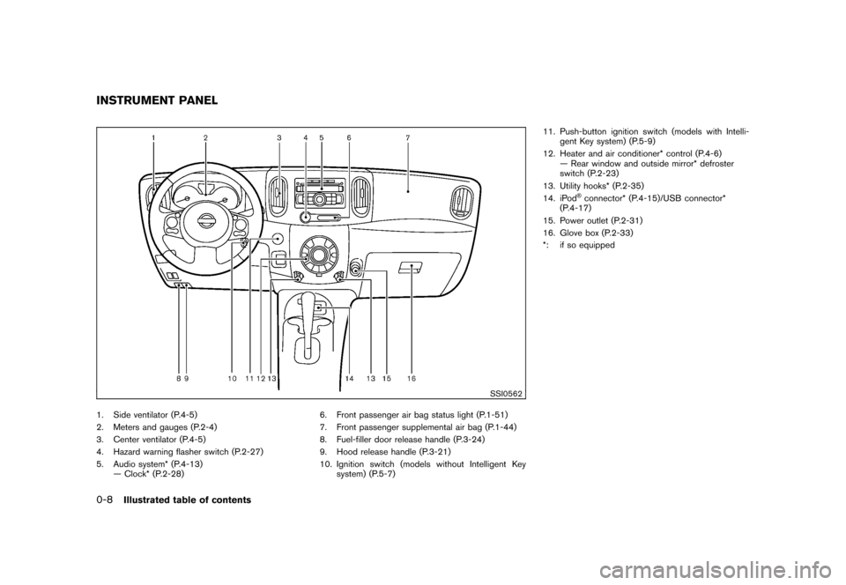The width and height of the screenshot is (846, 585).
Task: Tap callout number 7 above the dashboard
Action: (x=407, y=138)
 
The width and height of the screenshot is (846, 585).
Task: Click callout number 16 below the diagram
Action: (x=412, y=378)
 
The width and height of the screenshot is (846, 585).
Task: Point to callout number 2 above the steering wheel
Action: (x=205, y=138)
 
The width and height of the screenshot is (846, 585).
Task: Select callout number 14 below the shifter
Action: (x=350, y=378)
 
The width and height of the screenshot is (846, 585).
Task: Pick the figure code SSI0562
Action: (x=503, y=393)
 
